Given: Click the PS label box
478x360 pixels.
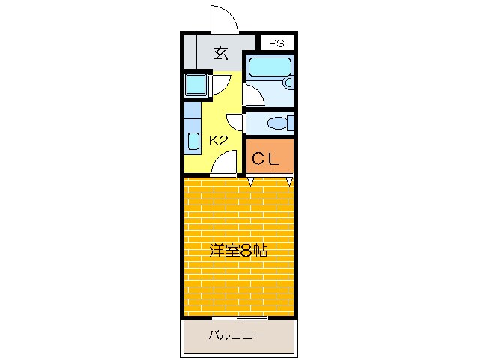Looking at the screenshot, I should coord(276,43).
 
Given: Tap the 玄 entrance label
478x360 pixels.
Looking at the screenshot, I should coord(220,52).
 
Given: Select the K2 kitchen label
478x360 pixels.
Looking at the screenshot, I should coord(219,140).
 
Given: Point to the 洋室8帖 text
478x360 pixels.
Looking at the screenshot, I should coord(239,250).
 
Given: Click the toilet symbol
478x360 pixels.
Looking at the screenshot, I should coord(279,123).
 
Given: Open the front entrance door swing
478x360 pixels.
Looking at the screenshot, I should coord(224,19).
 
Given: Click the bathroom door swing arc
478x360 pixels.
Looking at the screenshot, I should coord(253,94).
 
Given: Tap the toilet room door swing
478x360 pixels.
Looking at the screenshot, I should coord(235,123).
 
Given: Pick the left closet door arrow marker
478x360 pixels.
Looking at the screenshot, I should coord(252,180).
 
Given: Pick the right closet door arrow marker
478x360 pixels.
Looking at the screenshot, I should coord(289,180).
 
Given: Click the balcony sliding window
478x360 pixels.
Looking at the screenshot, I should coord(239,318).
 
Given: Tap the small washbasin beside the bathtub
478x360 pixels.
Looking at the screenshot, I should coord(288,81).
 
